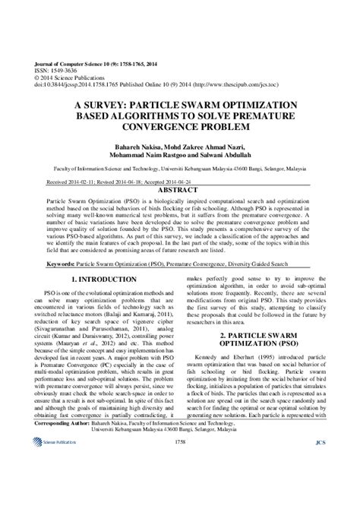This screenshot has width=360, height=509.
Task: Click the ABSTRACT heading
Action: (180, 190)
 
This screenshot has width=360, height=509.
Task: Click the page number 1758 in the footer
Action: (180, 482)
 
